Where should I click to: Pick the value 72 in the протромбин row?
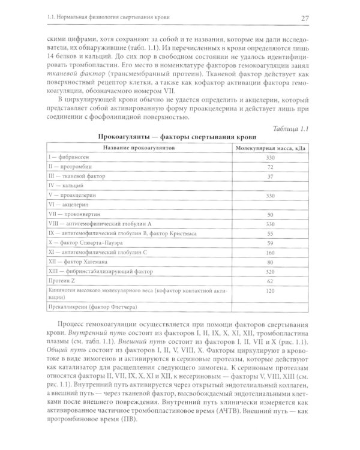[x=271, y=166]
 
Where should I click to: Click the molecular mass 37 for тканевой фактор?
[x=271, y=176]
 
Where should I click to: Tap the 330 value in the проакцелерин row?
[x=271, y=195]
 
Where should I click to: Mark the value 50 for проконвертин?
[x=271, y=214]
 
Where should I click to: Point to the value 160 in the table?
[x=271, y=252]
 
